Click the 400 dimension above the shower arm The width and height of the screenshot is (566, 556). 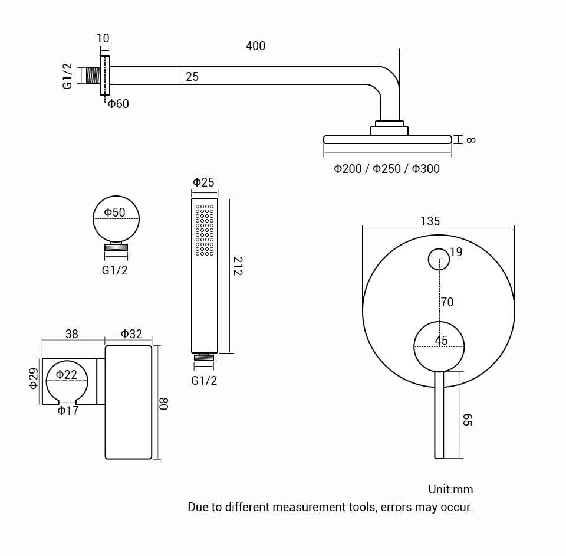pos(255,46)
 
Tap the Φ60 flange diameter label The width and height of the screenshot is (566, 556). pos(118,104)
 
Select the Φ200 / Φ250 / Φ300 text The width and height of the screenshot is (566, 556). pos(387,169)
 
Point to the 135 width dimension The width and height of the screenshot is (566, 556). pos(430,221)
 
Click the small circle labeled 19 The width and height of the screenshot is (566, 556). pos(439,259)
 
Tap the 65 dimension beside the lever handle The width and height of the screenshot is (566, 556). pos(467,420)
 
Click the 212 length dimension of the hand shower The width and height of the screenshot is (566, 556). pos(238,266)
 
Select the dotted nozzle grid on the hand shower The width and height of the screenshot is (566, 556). pos(205,230)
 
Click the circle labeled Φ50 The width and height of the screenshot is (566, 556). pos(116,219)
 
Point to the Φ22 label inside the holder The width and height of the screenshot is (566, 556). pos(67,375)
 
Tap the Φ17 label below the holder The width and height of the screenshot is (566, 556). pos(68,411)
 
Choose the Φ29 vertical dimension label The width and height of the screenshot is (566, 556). pos(34,378)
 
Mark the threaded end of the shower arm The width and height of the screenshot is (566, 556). pos(93,76)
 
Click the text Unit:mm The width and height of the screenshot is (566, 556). pos(450,489)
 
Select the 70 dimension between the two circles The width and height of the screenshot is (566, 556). pos(447,302)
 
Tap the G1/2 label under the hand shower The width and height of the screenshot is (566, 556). pos(204,381)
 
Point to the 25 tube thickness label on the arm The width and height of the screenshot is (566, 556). pos(192,77)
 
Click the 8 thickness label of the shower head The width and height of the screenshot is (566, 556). pos(470,140)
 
